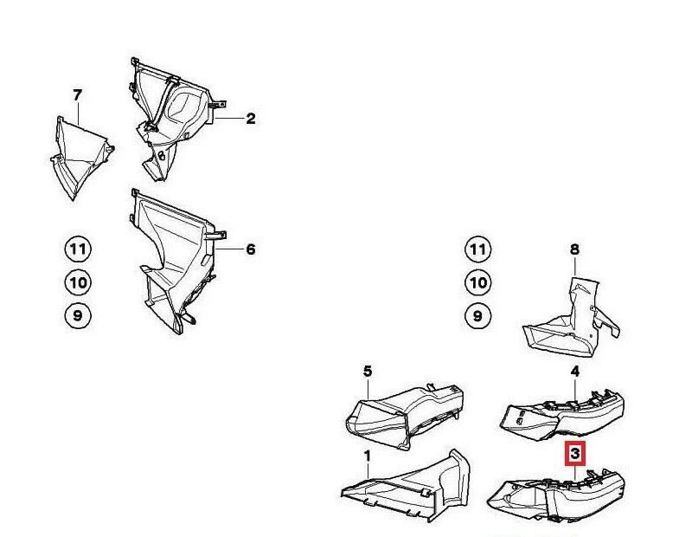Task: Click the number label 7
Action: pos(78,94)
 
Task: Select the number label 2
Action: pos(250,119)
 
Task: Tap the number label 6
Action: pos(250,249)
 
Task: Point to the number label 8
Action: pos(574,249)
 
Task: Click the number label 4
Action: pos(574,372)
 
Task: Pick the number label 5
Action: pos(367,371)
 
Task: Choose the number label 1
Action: pos(367,455)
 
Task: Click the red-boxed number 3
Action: pos(575,453)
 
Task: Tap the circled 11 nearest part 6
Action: pos(78,250)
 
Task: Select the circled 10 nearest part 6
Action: pos(78,282)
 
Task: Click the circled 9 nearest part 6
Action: pos(78,315)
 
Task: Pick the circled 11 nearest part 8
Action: pos(477,250)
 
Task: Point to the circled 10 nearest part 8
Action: pos(477,282)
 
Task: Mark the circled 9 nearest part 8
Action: pos(477,315)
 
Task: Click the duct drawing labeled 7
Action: pos(80,156)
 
